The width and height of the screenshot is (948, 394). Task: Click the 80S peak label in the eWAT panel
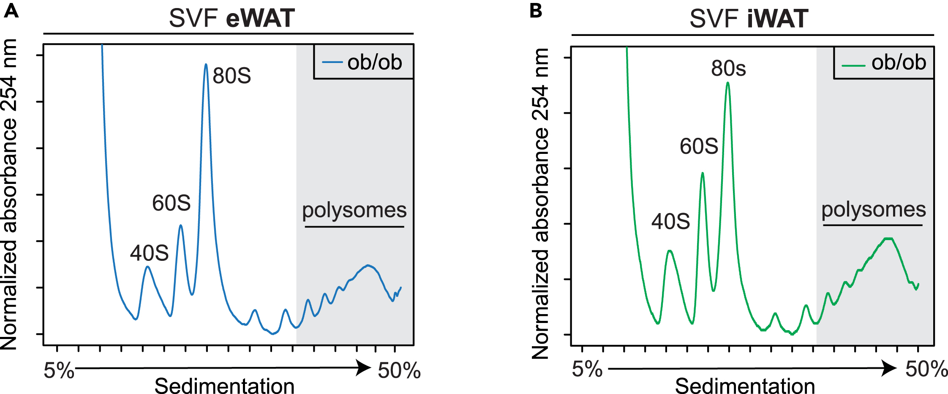[232, 76]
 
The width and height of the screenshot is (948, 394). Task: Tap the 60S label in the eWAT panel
[171, 203]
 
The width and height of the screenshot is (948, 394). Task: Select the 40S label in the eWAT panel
[149, 253]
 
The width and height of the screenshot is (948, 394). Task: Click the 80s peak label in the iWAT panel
[728, 68]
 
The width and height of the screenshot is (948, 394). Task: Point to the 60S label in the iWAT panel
[699, 147]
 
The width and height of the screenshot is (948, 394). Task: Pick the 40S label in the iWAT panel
[670, 222]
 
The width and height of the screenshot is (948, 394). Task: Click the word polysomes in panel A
[354, 210]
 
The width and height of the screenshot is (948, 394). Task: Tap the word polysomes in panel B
[873, 209]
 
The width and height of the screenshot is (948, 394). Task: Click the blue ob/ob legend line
[332, 62]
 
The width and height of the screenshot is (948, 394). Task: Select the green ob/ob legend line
[853, 66]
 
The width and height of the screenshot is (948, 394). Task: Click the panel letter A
[11, 11]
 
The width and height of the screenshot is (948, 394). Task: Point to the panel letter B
[536, 11]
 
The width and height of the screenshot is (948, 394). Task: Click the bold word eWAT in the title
[260, 19]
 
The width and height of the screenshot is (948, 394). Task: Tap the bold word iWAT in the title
[777, 19]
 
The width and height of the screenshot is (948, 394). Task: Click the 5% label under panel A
[59, 371]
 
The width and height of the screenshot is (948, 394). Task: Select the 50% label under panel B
[926, 369]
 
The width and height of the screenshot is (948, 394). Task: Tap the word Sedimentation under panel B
[745, 386]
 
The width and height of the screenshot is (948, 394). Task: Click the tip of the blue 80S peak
[206, 64]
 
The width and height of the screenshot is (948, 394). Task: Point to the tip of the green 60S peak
[703, 173]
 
